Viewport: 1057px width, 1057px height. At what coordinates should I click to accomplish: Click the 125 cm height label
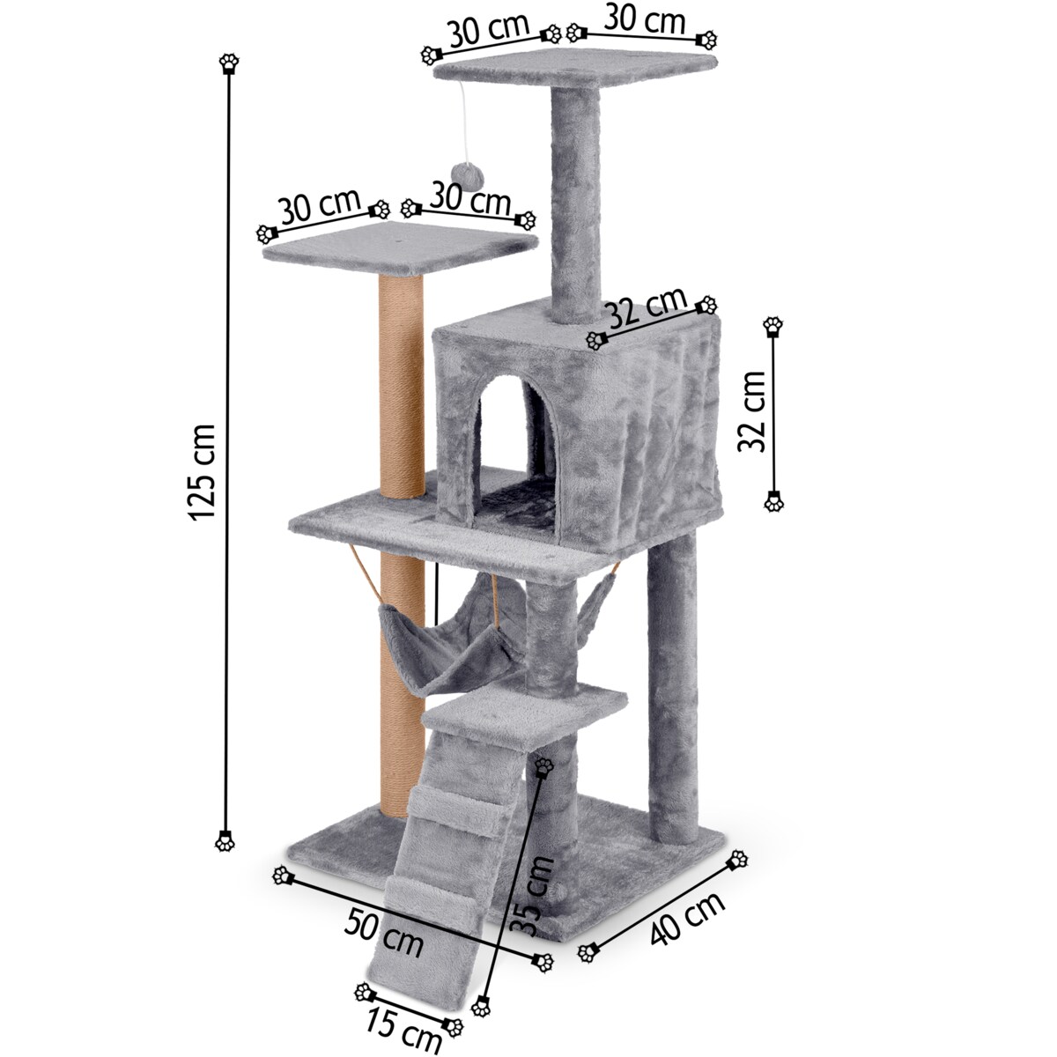point(200,472)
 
